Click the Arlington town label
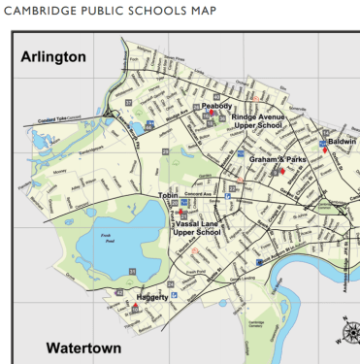coord(53,57)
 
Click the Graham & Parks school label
coord(278,158)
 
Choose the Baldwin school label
coord(342,141)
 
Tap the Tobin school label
coord(170,195)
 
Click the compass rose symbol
coord(346,335)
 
